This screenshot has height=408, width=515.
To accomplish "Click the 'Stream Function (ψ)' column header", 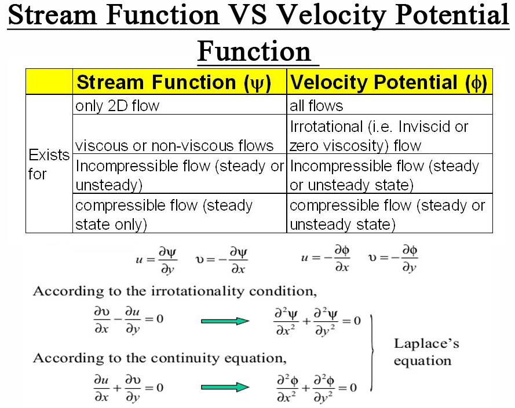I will click(x=173, y=82).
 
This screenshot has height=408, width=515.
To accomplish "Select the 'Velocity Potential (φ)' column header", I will click(x=389, y=82).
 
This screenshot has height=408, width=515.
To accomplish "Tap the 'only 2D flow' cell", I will click(x=117, y=106).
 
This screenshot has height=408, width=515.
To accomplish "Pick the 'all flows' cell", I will click(x=316, y=106).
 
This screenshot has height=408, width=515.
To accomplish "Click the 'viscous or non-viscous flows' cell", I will click(x=174, y=145).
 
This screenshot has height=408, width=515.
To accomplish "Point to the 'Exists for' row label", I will click(x=49, y=164).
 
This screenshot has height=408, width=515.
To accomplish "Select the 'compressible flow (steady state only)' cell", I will click(x=164, y=215).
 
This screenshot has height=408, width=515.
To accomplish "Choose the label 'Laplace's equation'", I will click(x=426, y=352).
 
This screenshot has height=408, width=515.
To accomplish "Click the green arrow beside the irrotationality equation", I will click(x=225, y=321).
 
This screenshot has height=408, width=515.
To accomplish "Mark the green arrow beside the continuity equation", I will click(x=225, y=387).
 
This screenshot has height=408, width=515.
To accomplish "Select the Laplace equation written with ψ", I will click(x=316, y=321).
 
